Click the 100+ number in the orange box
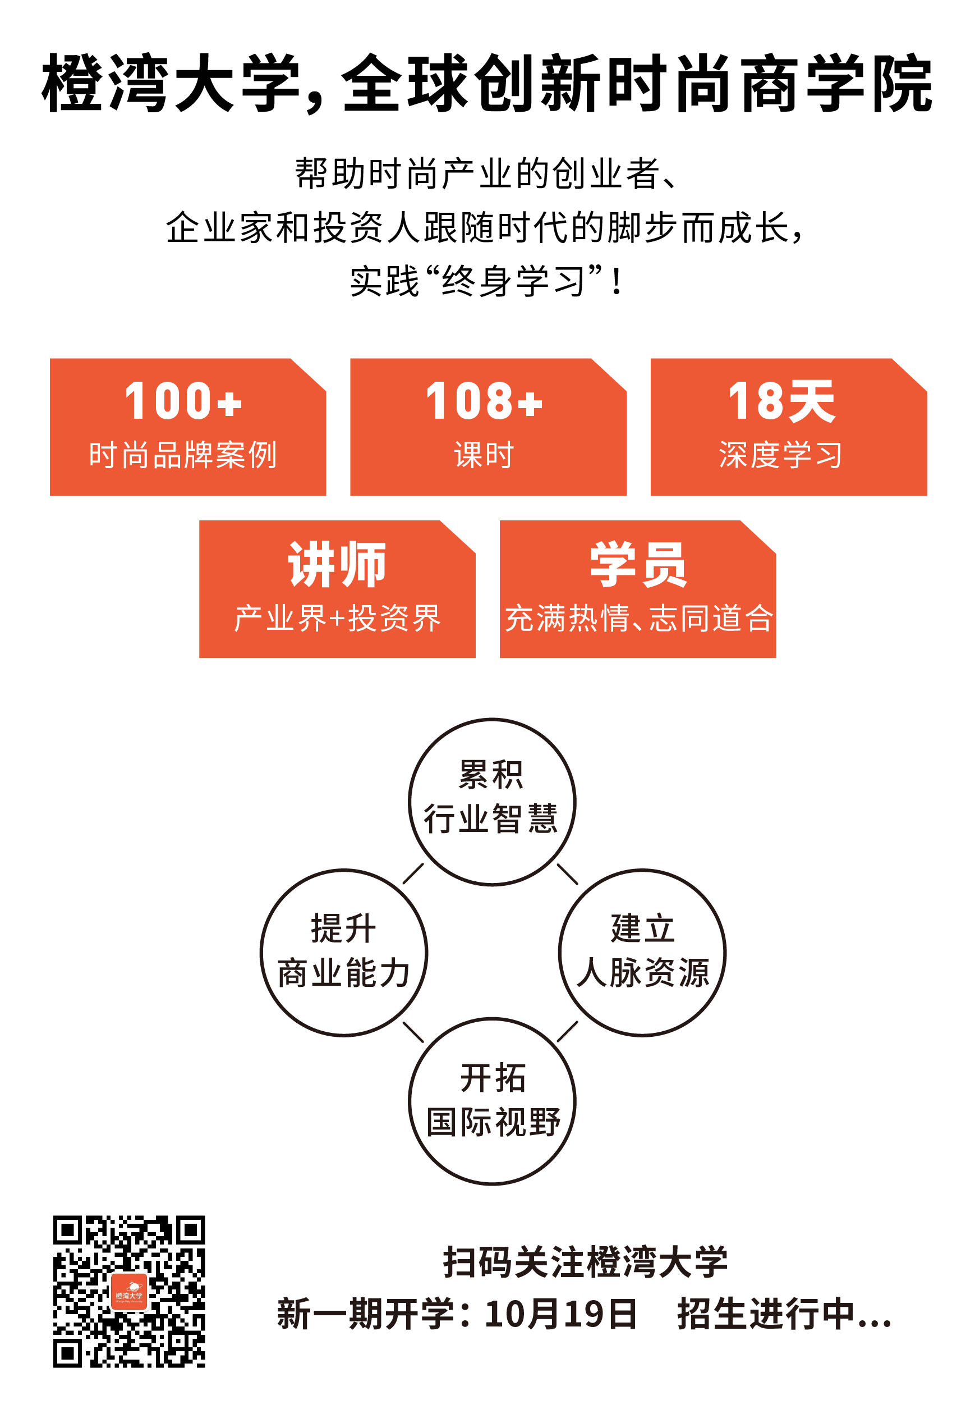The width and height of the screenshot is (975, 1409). pyautogui.click(x=183, y=401)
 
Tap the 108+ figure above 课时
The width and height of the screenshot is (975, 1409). pyautogui.click(x=484, y=401)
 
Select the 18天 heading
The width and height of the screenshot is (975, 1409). pyautogui.click(x=781, y=401)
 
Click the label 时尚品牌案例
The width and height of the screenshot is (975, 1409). pyautogui.click(x=183, y=455)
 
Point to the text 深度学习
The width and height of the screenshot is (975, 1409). pyautogui.click(x=781, y=455)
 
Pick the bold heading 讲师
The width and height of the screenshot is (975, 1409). pyautogui.click(x=337, y=564)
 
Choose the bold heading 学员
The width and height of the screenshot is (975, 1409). pyautogui.click(x=638, y=564)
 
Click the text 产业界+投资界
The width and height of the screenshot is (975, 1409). pyautogui.click(x=337, y=618)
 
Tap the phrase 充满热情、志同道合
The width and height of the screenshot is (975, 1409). pyautogui.click(x=638, y=618)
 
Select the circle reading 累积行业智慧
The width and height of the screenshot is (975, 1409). pyautogui.click(x=492, y=802)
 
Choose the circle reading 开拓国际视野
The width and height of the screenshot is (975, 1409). pyautogui.click(x=492, y=1101)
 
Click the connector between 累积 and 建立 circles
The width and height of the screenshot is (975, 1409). pyautogui.click(x=568, y=874)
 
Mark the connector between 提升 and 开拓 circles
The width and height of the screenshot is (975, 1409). pyautogui.click(x=413, y=1032)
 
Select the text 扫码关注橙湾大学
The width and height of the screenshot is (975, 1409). pyautogui.click(x=585, y=1262)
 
